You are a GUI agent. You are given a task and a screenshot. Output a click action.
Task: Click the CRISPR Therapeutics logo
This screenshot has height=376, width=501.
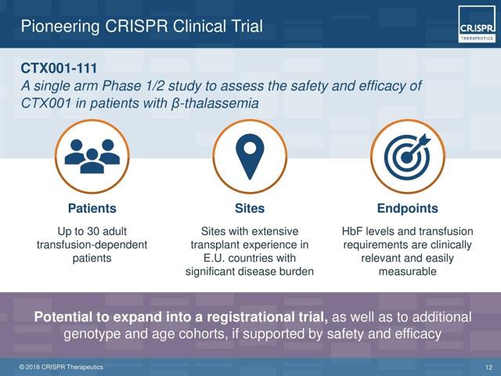[x=477, y=24]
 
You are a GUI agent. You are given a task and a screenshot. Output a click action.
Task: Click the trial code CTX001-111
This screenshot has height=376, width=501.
[x=59, y=68]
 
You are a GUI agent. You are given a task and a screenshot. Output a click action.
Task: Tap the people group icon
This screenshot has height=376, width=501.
[x=92, y=157]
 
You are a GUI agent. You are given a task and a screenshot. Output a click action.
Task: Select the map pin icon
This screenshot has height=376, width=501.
[x=250, y=157]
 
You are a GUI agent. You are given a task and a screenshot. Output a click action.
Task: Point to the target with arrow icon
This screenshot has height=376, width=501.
[x=407, y=157]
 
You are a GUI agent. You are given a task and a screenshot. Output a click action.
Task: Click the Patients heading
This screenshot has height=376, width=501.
[x=92, y=208]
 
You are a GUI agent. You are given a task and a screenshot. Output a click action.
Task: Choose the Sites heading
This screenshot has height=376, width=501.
[x=250, y=208]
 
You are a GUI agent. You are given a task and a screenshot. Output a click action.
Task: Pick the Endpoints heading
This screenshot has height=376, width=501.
[x=407, y=208]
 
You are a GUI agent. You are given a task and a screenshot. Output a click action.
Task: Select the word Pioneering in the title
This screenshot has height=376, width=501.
[x=60, y=26]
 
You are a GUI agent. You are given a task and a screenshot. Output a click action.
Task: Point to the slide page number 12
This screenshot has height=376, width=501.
[x=488, y=367]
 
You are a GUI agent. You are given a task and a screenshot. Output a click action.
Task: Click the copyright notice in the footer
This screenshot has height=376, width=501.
[x=61, y=367]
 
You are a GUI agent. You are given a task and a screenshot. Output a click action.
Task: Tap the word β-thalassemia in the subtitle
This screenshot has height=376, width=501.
[x=214, y=103]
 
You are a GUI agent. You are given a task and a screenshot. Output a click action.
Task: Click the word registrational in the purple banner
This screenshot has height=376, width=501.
[x=258, y=317]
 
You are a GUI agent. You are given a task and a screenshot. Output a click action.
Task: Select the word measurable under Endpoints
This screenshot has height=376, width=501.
[x=407, y=272]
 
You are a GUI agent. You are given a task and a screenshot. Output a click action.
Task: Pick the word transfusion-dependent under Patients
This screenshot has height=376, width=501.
[x=92, y=244]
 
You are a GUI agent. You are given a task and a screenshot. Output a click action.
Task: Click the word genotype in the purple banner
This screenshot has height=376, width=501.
[x=92, y=334]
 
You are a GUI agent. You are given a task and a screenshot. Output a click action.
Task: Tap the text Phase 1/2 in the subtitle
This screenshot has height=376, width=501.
[x=132, y=85]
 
